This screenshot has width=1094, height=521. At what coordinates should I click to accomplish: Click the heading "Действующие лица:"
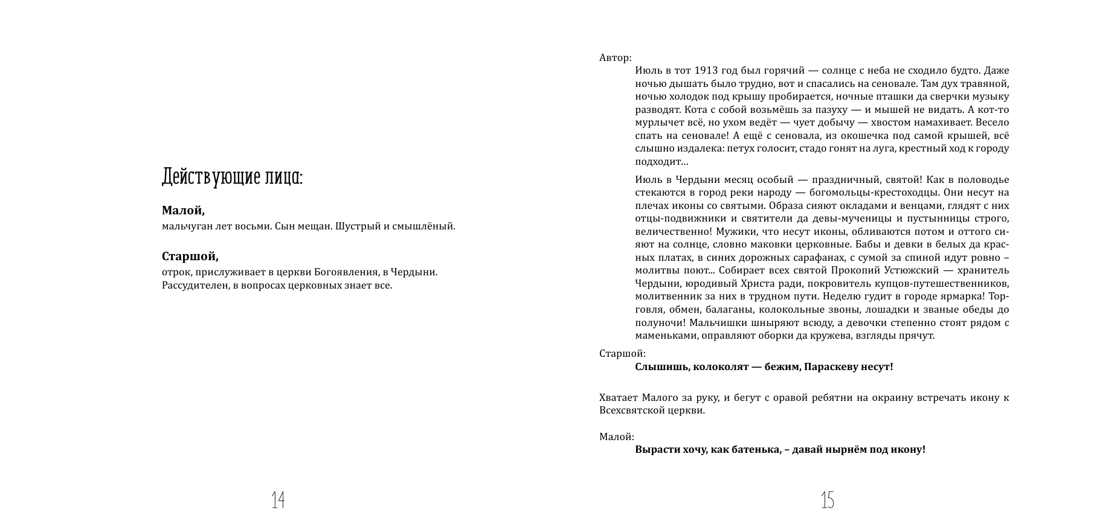(233, 177)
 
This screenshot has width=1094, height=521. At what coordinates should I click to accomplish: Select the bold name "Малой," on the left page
(183, 211)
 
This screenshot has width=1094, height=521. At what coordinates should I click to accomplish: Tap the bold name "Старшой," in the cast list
(190, 257)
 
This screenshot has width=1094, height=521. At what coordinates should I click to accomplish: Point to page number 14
(278, 499)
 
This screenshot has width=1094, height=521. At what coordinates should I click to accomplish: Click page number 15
(828, 499)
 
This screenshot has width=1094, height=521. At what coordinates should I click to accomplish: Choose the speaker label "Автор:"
(615, 58)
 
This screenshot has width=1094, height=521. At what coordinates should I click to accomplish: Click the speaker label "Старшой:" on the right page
(622, 354)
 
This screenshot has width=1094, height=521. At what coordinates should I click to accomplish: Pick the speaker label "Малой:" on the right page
(616, 436)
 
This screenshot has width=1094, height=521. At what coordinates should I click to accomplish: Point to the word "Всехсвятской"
(630, 411)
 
